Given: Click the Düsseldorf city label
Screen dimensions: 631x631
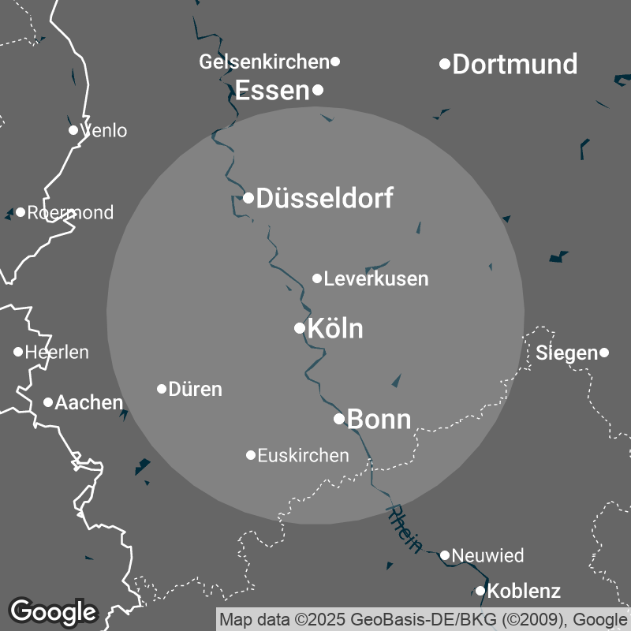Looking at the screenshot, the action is point(325,198).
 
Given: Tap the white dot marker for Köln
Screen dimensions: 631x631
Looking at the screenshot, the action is point(300,328).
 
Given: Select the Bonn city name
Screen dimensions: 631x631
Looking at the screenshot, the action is point(379,420).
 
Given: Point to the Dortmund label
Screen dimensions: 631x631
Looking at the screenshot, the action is point(515,64).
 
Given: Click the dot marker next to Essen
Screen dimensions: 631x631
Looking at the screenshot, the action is point(318,90).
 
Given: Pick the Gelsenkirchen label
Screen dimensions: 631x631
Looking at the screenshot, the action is point(263,62).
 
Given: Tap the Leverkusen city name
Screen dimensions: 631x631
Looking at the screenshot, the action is point(376,278).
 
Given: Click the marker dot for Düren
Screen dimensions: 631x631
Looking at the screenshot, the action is point(162,389).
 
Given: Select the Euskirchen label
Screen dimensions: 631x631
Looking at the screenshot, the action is point(303,455).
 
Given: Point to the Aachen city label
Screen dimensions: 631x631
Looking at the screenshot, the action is point(89,403).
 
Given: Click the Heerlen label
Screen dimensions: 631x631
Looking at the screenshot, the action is point(57,353).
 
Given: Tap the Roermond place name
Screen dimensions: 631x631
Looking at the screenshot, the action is point(70,213).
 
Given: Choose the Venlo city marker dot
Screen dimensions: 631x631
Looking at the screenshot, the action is point(73,130).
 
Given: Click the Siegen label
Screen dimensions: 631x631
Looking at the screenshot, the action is point(566,353).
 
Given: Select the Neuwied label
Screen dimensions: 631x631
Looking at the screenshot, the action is point(487,556).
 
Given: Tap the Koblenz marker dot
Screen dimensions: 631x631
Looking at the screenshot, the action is point(480,591).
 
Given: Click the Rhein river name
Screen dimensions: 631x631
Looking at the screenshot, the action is point(405,528).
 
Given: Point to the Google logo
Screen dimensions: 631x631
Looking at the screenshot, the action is point(53,611).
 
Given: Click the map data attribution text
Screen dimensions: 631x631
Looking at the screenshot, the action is point(424,618).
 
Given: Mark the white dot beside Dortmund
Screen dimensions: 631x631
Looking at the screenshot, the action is point(445,63).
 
